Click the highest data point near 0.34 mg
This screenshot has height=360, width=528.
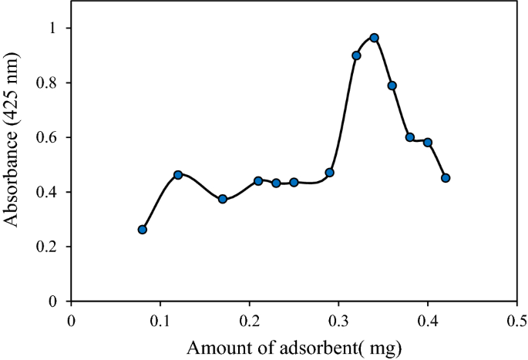pyautogui.click(x=374, y=38)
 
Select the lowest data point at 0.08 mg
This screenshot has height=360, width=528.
pyautogui.click(x=143, y=230)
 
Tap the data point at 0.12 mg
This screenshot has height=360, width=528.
pyautogui.click(x=178, y=175)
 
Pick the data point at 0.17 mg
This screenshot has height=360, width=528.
pyautogui.click(x=223, y=199)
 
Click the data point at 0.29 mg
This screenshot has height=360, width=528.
pyautogui.click(x=330, y=173)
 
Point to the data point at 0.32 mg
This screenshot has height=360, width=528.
pyautogui.click(x=356, y=56)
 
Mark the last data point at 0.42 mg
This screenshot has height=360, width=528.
pyautogui.click(x=446, y=178)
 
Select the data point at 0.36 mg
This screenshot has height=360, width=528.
pyautogui.click(x=392, y=86)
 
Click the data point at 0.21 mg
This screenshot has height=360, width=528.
pyautogui.click(x=258, y=181)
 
